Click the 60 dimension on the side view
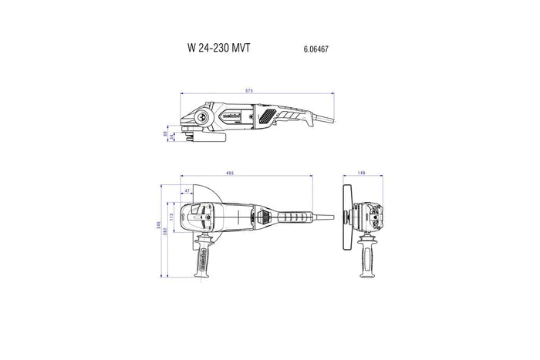pyautogui.click(x=164, y=133)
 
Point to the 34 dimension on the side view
pyautogui.click(x=172, y=138)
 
